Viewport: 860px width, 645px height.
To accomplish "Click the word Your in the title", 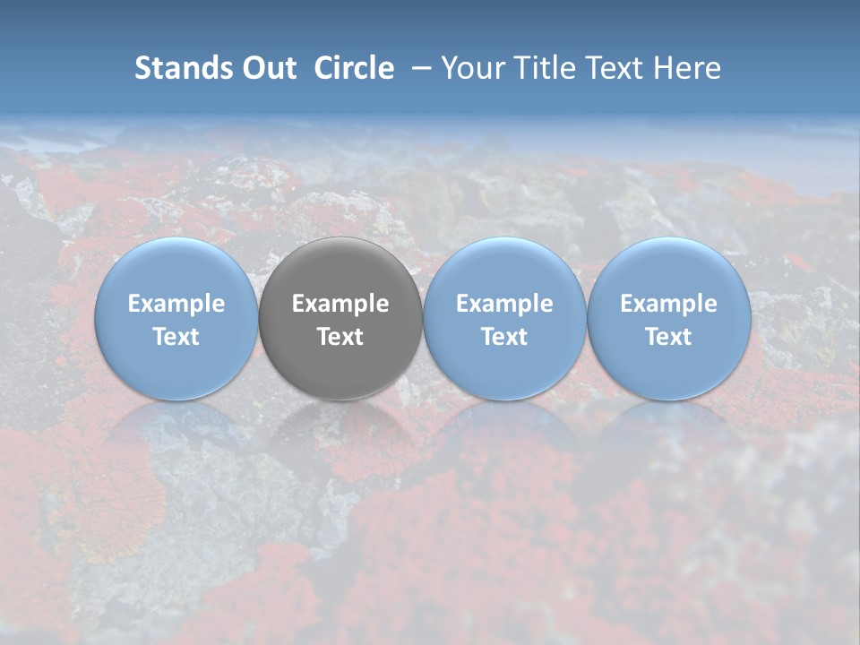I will pos(475,68).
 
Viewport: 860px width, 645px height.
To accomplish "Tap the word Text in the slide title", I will pos(612,68).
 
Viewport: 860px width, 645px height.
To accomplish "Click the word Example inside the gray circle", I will pos(340,305).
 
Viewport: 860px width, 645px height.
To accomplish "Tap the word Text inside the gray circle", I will pos(340,337).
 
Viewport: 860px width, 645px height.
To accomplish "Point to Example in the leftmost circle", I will pos(176,305).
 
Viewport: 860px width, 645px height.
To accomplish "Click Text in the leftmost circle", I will pos(176,337).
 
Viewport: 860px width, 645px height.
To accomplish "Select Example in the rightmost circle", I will pos(669,305).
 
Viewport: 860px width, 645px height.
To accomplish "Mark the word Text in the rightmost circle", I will pos(669,337).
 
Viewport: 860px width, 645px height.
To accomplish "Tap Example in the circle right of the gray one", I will pos(504,305).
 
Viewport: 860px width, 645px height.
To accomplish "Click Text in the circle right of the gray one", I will pos(504,337).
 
